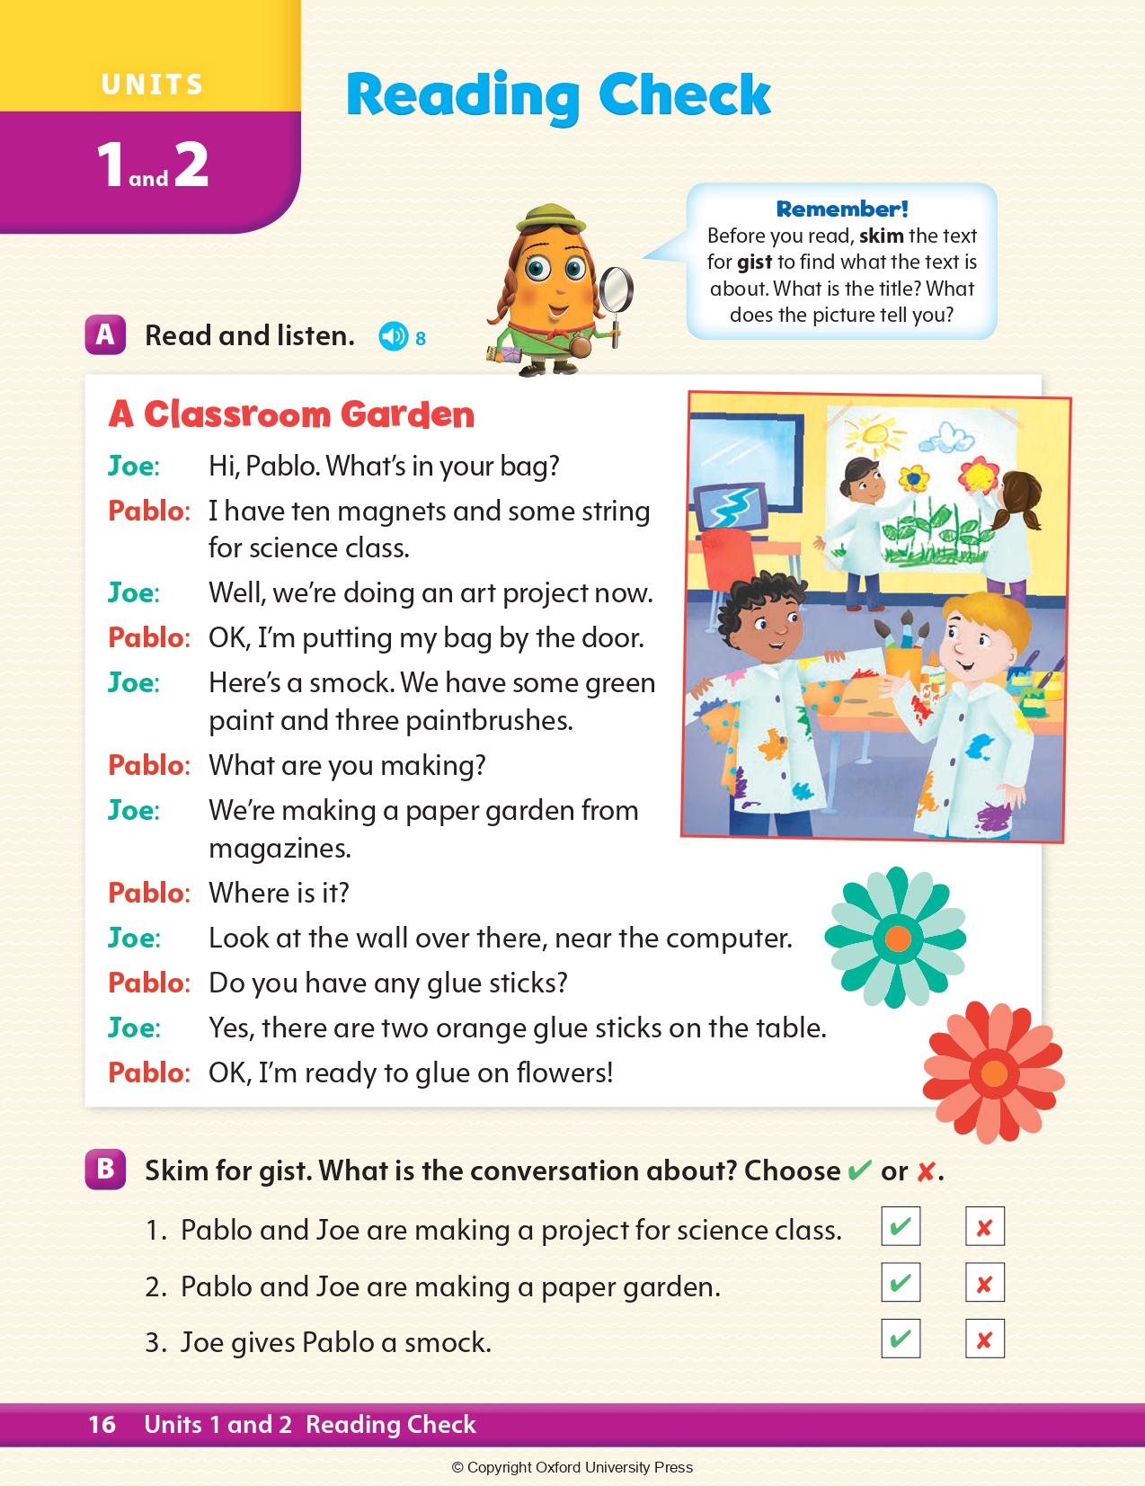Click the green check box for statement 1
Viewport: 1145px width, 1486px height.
[901, 1227]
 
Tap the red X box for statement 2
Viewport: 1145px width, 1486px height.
[984, 1284]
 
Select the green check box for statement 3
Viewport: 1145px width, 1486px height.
[901, 1339]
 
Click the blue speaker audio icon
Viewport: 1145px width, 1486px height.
[393, 336]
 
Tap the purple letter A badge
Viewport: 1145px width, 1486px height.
[105, 335]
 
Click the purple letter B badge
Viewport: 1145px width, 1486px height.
[105, 1170]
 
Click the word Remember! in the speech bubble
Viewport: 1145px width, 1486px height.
[842, 209]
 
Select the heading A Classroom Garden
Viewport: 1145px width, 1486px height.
[291, 415]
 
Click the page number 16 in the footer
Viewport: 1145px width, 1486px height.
[102, 1424]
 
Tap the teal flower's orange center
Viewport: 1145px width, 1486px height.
[897, 939]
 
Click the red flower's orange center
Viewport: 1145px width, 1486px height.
[994, 1072]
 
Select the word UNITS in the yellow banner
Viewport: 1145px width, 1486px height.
[152, 85]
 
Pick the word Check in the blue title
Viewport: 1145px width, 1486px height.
[684, 94]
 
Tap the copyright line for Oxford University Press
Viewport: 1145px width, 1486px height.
[572, 1467]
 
